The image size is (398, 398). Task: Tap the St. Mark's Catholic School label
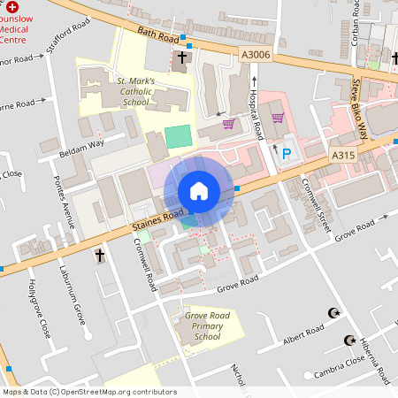[x=136, y=90]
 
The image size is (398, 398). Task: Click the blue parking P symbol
[x=286, y=154]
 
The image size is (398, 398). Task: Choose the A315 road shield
[x=343, y=156]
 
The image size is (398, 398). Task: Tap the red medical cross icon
[x=11, y=6]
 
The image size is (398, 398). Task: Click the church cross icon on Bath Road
[x=181, y=59]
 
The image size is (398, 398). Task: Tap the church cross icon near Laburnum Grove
[x=99, y=256]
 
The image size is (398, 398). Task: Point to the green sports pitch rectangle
[x=178, y=137]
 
